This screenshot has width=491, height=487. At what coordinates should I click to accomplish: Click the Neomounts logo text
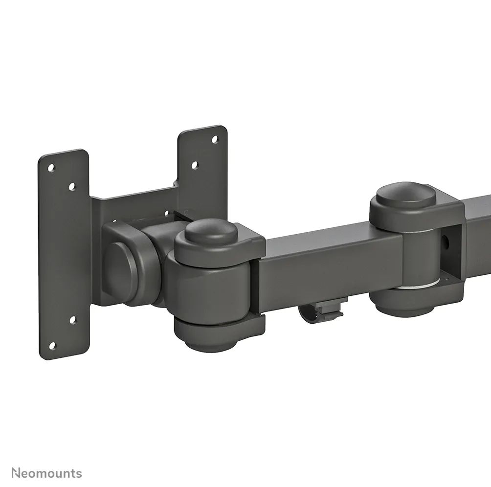point(47,473)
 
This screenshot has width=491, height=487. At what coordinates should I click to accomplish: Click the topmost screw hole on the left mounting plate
point(51,168)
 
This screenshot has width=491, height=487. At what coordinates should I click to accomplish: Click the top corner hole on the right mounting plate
point(214,139)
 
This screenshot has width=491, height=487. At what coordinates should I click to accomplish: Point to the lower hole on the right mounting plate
point(194,165)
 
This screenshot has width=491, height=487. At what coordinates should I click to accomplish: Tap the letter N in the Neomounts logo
point(16,473)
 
